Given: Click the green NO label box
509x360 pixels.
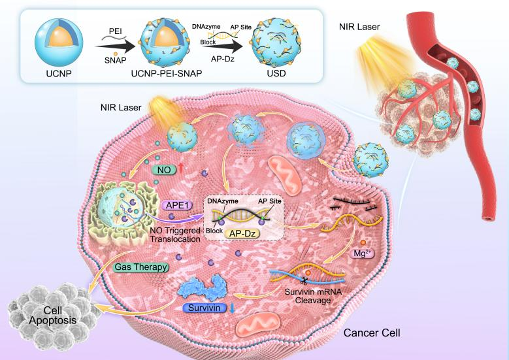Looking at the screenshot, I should point(164,169).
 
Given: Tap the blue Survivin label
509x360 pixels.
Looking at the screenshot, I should point(200,306).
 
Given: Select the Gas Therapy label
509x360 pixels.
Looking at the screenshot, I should point(141,267).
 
